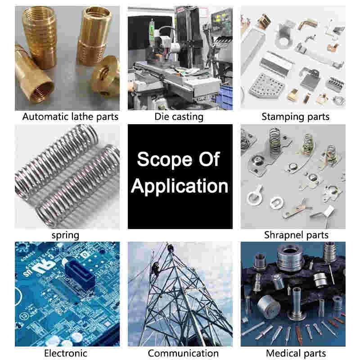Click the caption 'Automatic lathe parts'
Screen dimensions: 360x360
tap(70, 117)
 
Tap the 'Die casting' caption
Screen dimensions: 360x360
tap(179, 117)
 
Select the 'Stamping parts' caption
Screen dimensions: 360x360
tap(296, 117)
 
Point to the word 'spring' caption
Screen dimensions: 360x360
tap(65, 235)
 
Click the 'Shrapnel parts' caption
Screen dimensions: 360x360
tap(296, 235)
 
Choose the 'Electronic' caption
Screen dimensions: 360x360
tap(66, 353)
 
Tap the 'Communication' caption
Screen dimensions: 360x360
tap(183, 353)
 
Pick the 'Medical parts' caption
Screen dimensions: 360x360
tap(296, 353)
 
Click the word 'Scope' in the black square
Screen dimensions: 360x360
tap(165, 160)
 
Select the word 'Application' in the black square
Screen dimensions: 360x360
tap(180, 186)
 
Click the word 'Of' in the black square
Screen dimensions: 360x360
tap(209, 159)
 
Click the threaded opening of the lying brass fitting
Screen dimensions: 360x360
tap(42, 92)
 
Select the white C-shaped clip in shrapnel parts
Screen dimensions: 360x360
tap(277, 203)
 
